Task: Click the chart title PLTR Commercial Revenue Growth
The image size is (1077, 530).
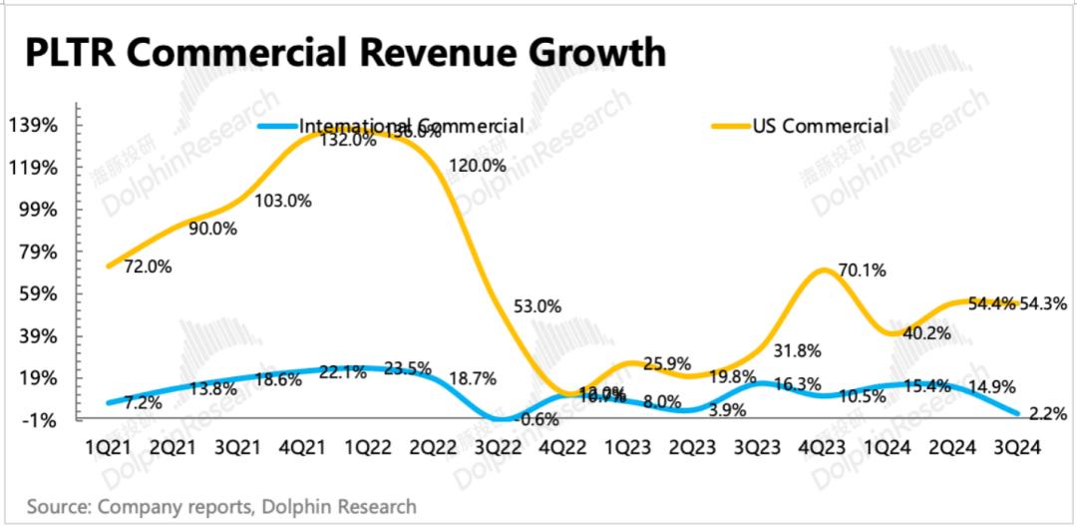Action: [345, 51]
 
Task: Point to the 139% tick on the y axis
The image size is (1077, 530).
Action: [32, 126]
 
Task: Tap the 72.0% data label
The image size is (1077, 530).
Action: [148, 266]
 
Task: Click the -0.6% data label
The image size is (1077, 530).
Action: [539, 419]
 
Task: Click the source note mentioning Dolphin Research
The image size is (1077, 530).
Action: [221, 507]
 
